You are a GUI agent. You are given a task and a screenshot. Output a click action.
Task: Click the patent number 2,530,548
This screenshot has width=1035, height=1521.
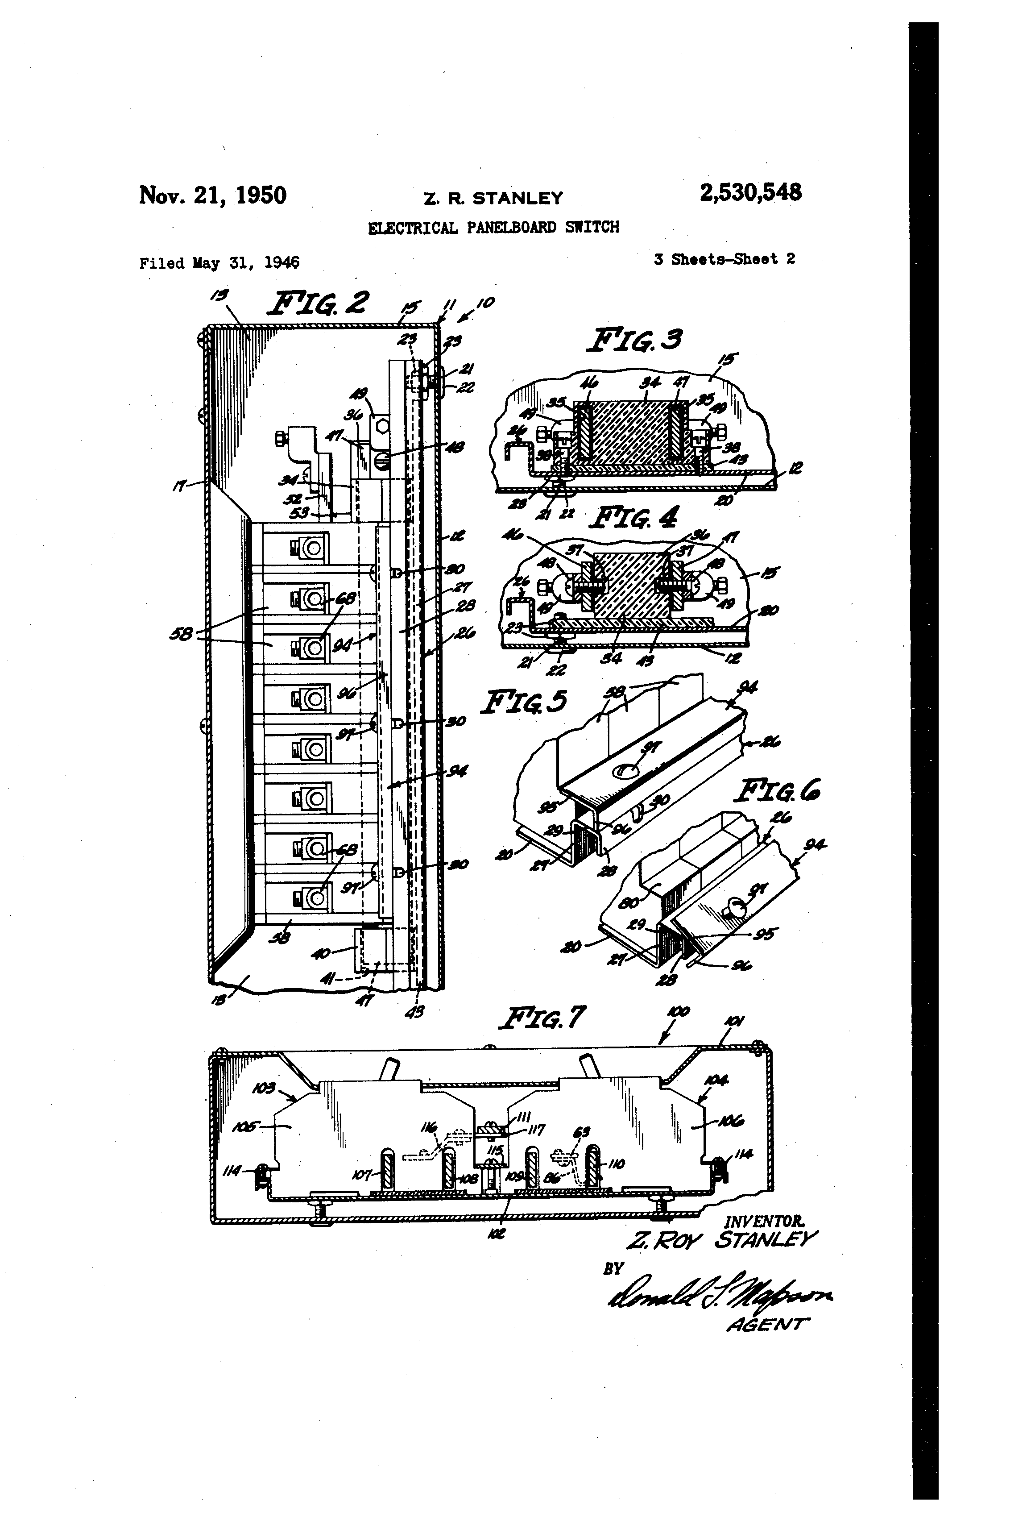[750, 193]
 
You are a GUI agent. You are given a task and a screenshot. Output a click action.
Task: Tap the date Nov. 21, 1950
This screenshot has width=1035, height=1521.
[213, 195]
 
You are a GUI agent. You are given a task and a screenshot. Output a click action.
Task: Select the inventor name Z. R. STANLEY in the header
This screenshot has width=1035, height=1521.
[493, 198]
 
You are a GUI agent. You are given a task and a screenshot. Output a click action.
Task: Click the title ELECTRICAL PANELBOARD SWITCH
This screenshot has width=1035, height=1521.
[493, 228]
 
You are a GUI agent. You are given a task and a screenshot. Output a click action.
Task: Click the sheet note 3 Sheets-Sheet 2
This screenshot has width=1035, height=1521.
[724, 259]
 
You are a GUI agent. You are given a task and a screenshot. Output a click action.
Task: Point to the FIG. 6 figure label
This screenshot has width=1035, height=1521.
[777, 792]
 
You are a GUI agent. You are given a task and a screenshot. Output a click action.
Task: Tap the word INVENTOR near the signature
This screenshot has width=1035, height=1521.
[764, 1221]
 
